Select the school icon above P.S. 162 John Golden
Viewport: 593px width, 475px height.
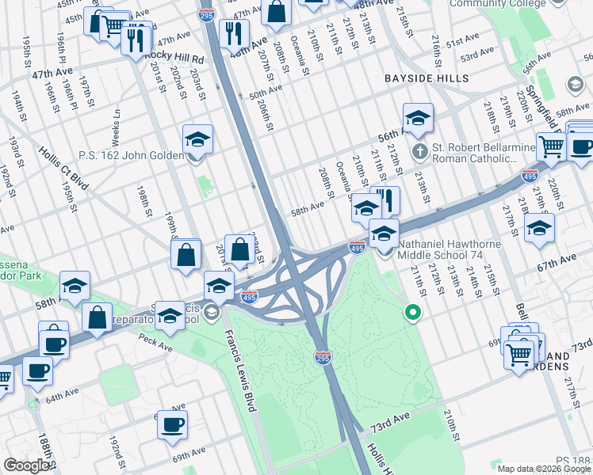click(197, 141)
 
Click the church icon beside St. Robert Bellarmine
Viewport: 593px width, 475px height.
click(419, 150)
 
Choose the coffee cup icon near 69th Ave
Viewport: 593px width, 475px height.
click(172, 425)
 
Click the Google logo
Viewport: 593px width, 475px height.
click(27, 465)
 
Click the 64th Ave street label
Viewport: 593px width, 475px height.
click(64, 396)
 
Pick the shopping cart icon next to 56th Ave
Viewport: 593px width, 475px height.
click(551, 146)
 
